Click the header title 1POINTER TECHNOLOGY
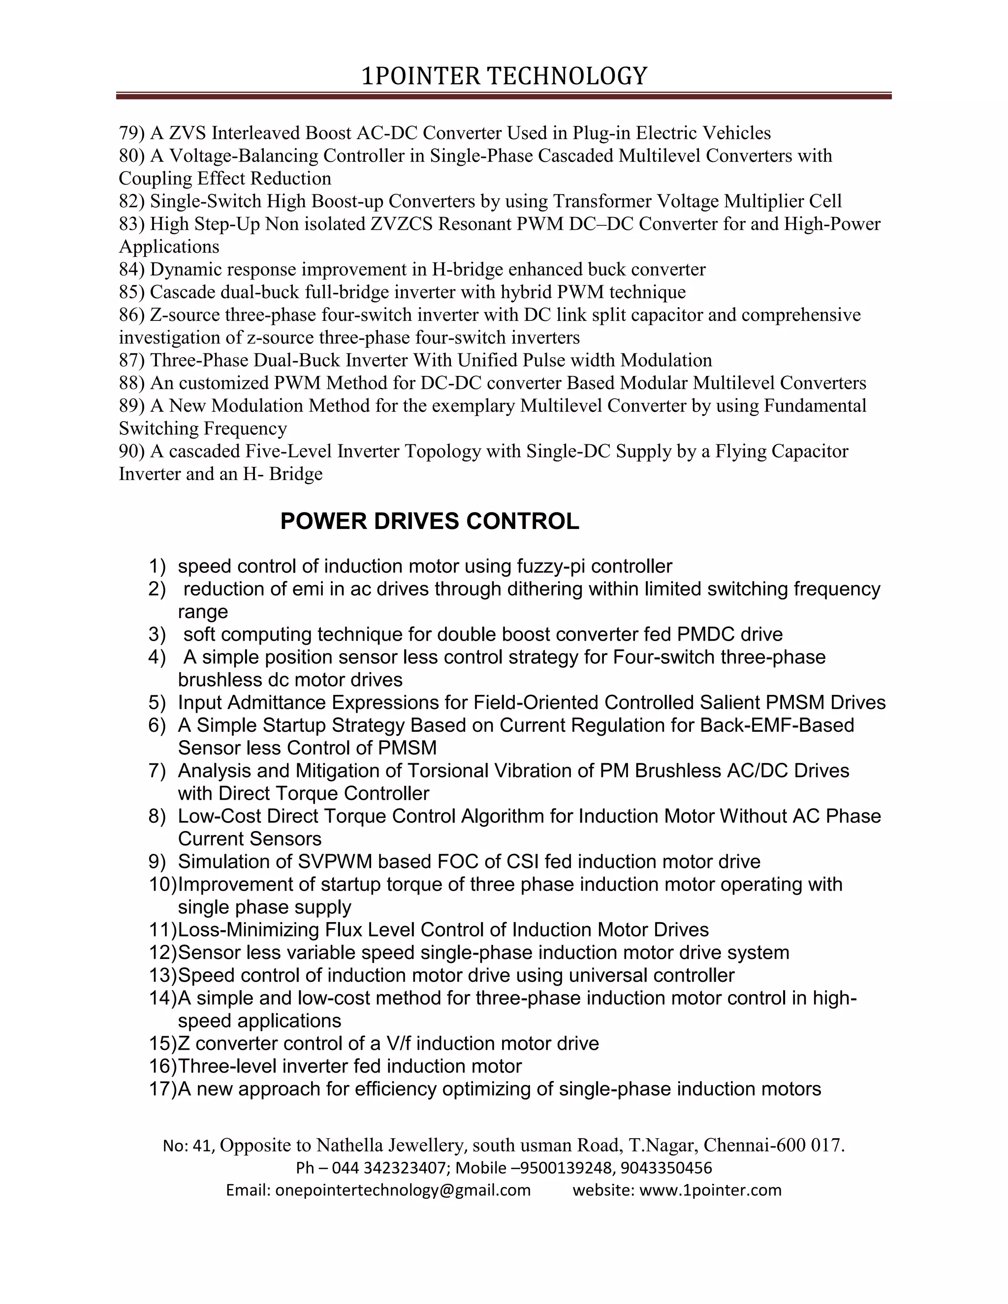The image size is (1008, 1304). coord(504,76)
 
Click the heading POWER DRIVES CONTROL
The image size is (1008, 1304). coord(429,521)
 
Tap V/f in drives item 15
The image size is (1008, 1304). coord(400,1043)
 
